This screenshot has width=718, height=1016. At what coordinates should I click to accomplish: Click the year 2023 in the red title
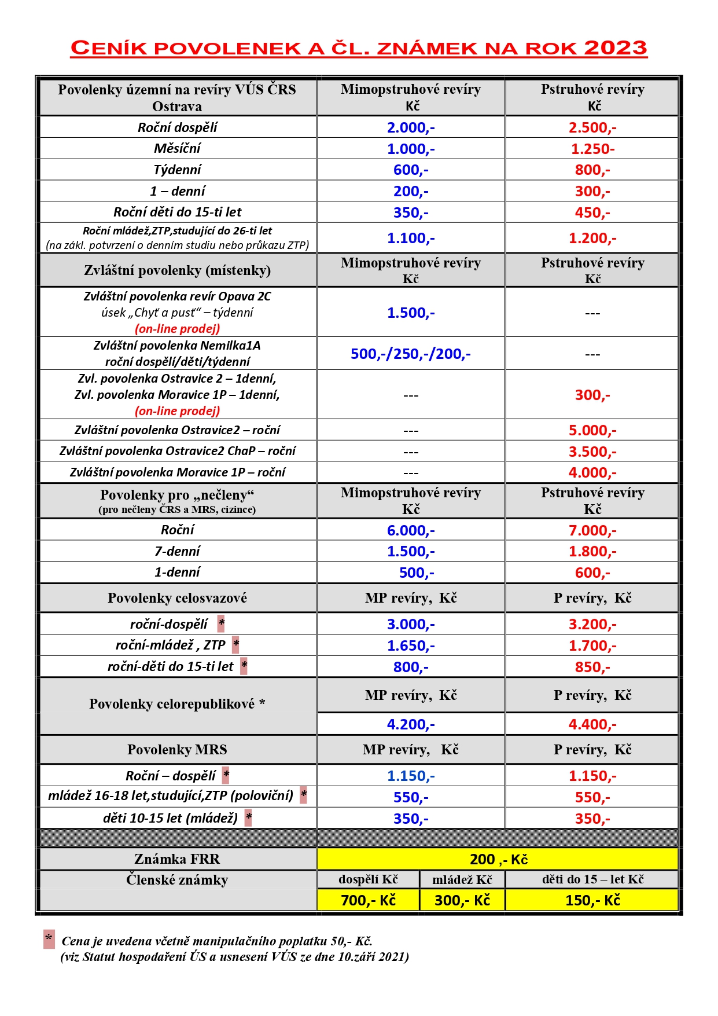(x=615, y=48)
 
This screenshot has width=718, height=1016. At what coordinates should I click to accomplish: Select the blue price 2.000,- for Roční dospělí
(x=411, y=127)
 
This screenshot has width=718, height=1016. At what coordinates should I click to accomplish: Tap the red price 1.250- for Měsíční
(x=592, y=149)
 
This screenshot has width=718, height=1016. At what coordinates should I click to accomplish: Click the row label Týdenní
(x=177, y=170)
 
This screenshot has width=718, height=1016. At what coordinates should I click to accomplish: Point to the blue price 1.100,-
(x=411, y=238)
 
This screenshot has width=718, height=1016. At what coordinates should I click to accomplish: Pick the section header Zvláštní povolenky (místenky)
(x=177, y=270)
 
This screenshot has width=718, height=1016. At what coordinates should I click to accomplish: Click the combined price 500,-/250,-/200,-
(x=411, y=354)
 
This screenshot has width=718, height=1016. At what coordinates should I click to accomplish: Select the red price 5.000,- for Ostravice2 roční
(x=592, y=430)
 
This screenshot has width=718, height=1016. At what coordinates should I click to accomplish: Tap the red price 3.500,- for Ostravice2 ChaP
(x=592, y=452)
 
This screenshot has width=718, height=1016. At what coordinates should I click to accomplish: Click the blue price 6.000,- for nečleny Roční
(x=411, y=530)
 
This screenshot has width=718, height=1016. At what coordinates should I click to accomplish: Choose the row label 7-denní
(x=177, y=551)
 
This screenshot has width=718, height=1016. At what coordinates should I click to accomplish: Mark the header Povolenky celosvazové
(x=177, y=598)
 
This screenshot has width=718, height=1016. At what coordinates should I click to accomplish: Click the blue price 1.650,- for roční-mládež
(x=411, y=645)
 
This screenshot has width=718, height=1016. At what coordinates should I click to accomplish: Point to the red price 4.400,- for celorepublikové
(x=592, y=724)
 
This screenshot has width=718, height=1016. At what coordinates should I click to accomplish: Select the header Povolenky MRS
(x=177, y=750)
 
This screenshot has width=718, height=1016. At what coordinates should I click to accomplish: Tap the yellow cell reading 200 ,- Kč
(x=498, y=859)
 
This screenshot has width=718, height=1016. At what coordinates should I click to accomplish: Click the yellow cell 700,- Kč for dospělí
(x=369, y=900)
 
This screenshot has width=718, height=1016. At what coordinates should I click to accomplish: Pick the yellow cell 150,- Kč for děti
(x=592, y=900)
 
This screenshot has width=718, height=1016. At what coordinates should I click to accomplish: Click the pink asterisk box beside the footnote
(x=49, y=939)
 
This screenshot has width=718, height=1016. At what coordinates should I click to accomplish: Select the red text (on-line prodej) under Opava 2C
(x=177, y=329)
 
